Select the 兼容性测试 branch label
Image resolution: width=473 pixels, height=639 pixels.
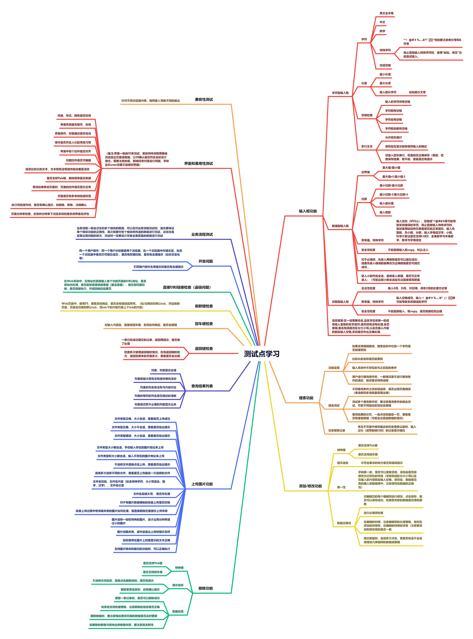(204, 100)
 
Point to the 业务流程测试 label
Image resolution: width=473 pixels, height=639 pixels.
(202, 234)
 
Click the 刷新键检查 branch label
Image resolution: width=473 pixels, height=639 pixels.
(204, 306)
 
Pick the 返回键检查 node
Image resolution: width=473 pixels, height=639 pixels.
(204, 349)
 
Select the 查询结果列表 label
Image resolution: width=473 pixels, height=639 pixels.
(202, 386)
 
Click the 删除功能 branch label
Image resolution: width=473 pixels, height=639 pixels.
(206, 586)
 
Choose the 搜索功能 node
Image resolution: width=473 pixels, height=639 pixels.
(306, 398)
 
